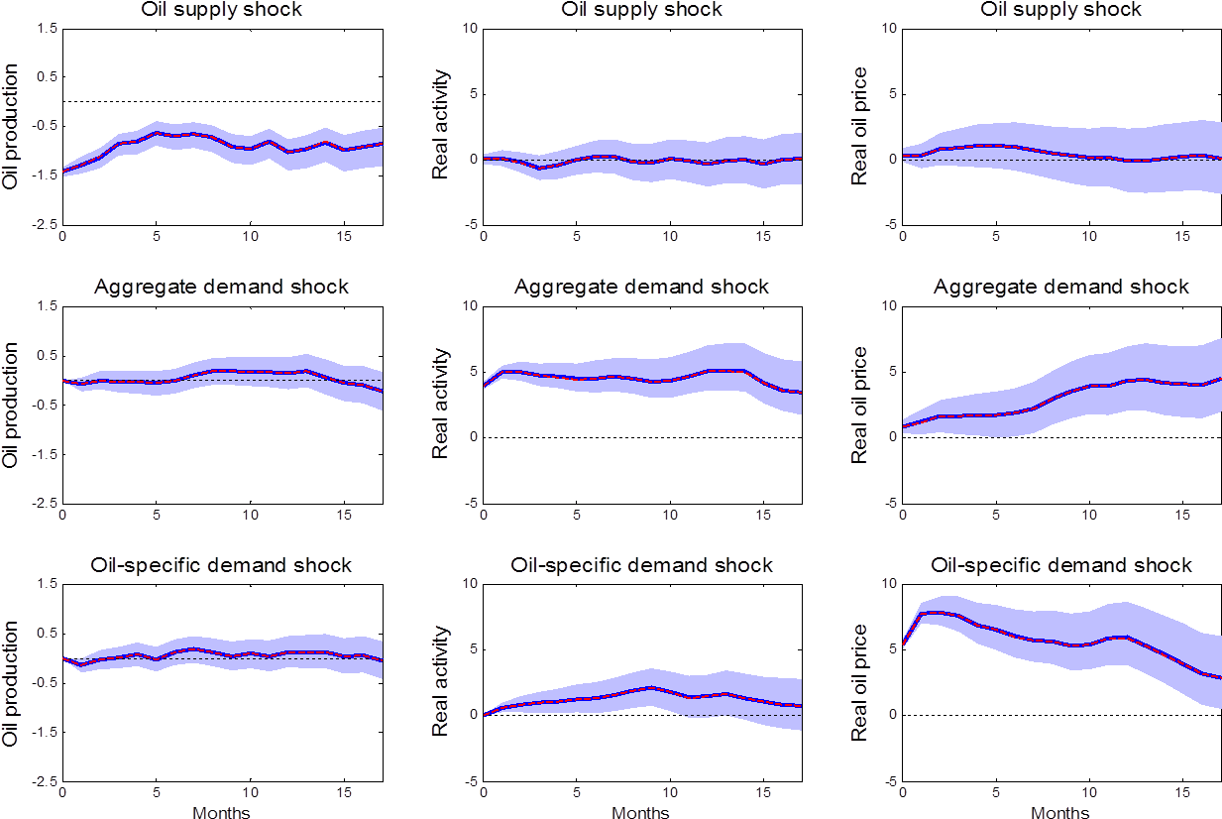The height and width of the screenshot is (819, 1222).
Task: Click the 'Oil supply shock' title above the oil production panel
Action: click(x=221, y=9)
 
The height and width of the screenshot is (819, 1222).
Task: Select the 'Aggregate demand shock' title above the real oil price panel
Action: click(x=1060, y=287)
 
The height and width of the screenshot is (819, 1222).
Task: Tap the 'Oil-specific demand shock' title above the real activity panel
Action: click(x=641, y=565)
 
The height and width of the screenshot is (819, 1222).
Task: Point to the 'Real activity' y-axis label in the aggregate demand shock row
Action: click(x=437, y=405)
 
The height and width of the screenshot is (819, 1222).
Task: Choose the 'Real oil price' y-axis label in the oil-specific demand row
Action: click(x=858, y=682)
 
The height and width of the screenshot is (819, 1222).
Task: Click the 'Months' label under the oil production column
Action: click(x=221, y=812)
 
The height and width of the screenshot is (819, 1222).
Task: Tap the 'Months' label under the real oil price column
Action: click(x=1060, y=812)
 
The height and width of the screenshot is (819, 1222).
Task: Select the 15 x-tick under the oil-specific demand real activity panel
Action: click(x=763, y=793)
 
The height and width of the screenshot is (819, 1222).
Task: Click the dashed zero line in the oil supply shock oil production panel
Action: click(x=221, y=101)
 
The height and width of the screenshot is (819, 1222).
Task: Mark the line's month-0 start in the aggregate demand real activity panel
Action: click(x=484, y=385)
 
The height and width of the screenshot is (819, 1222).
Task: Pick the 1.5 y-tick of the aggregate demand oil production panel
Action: click(x=47, y=306)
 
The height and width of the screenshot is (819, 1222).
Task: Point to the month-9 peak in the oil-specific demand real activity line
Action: click(x=651, y=687)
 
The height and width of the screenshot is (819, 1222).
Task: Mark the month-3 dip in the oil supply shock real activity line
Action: click(x=539, y=168)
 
